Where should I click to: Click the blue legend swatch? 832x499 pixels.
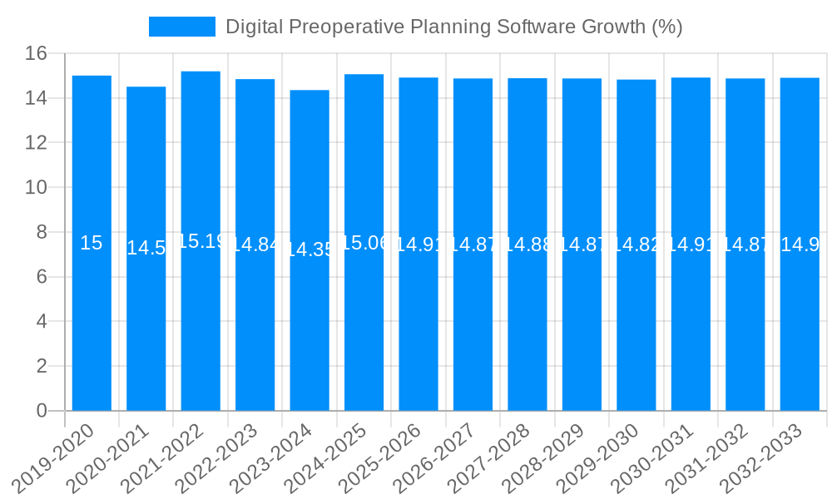point(181,27)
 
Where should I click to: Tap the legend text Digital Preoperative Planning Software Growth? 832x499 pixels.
point(453,27)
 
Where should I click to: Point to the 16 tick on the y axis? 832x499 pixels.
point(36,54)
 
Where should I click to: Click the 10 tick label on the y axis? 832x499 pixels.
point(36,188)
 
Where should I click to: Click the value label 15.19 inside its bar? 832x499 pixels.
point(201,241)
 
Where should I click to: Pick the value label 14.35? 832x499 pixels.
point(310,249)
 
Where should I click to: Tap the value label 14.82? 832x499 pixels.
point(636,245)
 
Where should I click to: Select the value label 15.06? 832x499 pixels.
point(364,243)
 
